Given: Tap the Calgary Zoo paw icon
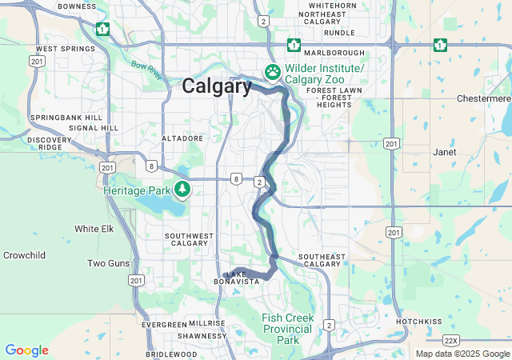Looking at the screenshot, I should (273, 72).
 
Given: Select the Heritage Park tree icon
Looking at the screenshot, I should (183, 189).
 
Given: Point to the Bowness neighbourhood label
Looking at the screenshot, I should (77, 7).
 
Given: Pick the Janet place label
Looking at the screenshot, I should (444, 151).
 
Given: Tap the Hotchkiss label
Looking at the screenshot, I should (418, 321).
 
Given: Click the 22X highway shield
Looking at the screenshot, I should (451, 340).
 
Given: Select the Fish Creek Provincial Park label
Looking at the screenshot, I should (286, 329).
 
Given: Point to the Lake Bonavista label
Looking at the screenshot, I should (241, 278).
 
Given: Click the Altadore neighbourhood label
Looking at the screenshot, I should (182, 138).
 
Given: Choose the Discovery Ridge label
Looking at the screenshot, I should (49, 144).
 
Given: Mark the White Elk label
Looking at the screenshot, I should (94, 229).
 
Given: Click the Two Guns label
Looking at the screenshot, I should (108, 263).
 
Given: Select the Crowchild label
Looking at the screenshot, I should (24, 255).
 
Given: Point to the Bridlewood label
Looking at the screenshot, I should (171, 354).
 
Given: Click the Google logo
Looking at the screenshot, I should (26, 350).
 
